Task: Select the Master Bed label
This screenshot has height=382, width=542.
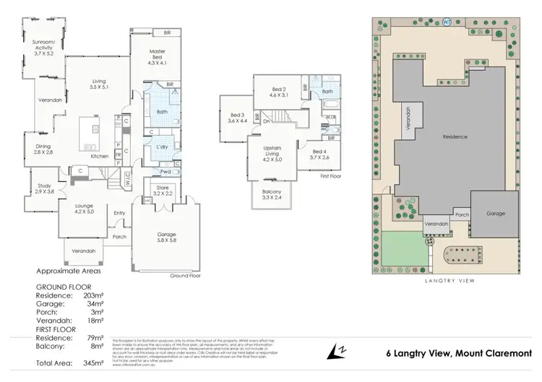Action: click(x=157, y=56)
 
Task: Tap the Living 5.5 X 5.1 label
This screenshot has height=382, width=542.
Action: click(x=93, y=85)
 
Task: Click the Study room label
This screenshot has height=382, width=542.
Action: click(x=45, y=188)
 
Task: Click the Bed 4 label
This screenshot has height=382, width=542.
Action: click(x=319, y=153)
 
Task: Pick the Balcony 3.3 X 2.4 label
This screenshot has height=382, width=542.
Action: click(x=272, y=195)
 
